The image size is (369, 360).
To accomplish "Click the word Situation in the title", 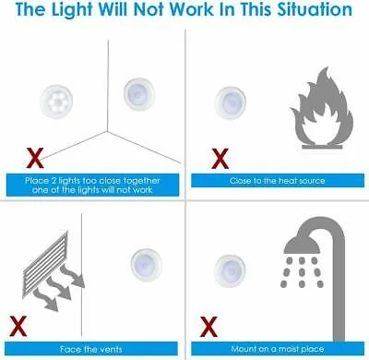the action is coord(315,9).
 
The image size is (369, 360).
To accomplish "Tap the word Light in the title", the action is coord(72,9).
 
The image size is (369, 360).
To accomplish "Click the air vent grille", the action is coord(46,266).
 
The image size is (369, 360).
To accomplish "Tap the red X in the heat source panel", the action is coord(220,159).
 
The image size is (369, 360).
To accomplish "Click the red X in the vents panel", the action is coord(18,327).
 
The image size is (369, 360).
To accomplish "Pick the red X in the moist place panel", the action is coord(208,327).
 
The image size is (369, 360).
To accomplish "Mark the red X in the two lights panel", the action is coord(35,158).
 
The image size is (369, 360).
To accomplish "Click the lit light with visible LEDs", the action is coord(56,102).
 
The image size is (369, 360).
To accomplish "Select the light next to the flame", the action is coord(231,102).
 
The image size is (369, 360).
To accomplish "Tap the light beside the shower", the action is coord(230,271).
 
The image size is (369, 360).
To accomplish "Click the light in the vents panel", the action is coord(147,265).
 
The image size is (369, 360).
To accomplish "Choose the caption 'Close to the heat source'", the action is coord(278,181).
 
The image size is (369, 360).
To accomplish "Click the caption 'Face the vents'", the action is coord(91,349).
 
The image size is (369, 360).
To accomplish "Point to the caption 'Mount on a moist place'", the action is coord(278,349).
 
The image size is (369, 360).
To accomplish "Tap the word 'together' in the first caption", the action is coord(141,181).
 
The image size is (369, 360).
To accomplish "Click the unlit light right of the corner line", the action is coord(139,94).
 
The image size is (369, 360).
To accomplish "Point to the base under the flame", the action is coord(322,147).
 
